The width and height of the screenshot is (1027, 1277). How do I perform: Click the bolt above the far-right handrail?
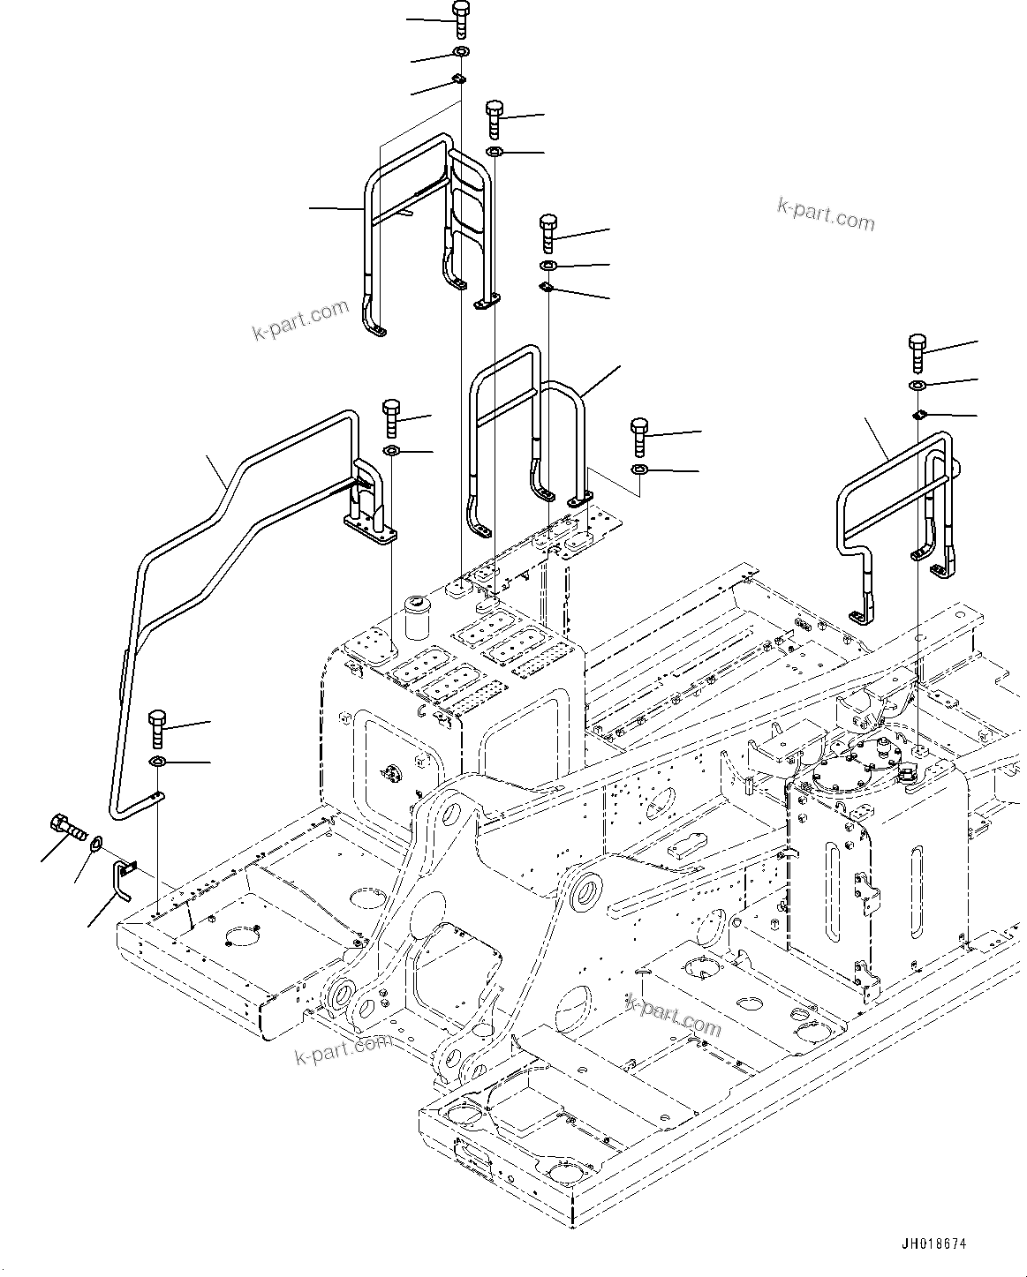point(917,355)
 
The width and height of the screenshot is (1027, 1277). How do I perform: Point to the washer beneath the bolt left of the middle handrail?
point(391,453)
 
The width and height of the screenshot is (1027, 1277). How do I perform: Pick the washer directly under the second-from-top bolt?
point(495,154)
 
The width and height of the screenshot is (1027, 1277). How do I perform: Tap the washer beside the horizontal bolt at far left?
point(95,845)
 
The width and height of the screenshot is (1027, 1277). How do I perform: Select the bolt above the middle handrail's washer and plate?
point(547,232)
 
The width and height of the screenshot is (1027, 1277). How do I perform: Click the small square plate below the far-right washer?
point(918,414)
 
